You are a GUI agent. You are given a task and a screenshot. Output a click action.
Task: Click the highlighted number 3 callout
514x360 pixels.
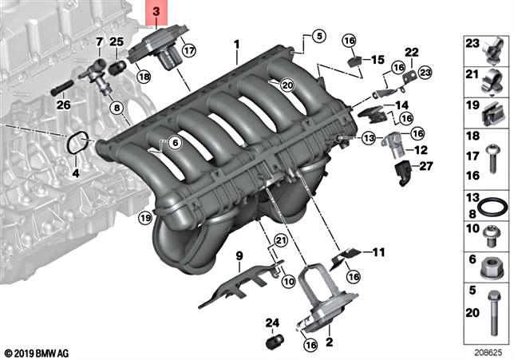click(x=156, y=12)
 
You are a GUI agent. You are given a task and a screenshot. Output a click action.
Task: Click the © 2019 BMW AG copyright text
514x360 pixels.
click(x=36, y=352)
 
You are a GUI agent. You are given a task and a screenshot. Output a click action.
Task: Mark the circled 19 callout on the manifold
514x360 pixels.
click(x=144, y=217)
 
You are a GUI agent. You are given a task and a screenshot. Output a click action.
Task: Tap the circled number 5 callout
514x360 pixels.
click(x=319, y=36)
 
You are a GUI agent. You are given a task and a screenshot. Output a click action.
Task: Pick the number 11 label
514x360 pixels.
click(x=378, y=252)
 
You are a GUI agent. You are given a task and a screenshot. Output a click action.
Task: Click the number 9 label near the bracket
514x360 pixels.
click(x=238, y=256)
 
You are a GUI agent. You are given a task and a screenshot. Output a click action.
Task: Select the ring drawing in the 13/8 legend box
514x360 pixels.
click(x=496, y=205)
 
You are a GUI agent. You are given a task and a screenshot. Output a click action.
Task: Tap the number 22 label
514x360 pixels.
click(x=412, y=53)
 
